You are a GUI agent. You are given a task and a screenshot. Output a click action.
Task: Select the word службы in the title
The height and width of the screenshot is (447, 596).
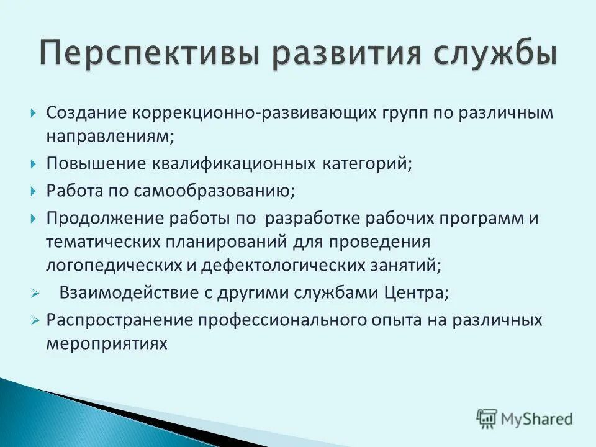(490, 54)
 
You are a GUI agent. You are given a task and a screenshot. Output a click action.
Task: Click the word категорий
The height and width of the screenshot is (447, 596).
(367, 164)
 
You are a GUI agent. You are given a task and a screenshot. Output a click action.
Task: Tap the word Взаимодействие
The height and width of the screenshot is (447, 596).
(129, 293)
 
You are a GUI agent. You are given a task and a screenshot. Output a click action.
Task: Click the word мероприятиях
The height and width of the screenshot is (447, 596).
(106, 343)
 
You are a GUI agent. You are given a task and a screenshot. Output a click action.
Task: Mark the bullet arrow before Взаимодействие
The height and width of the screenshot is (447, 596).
(35, 294)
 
